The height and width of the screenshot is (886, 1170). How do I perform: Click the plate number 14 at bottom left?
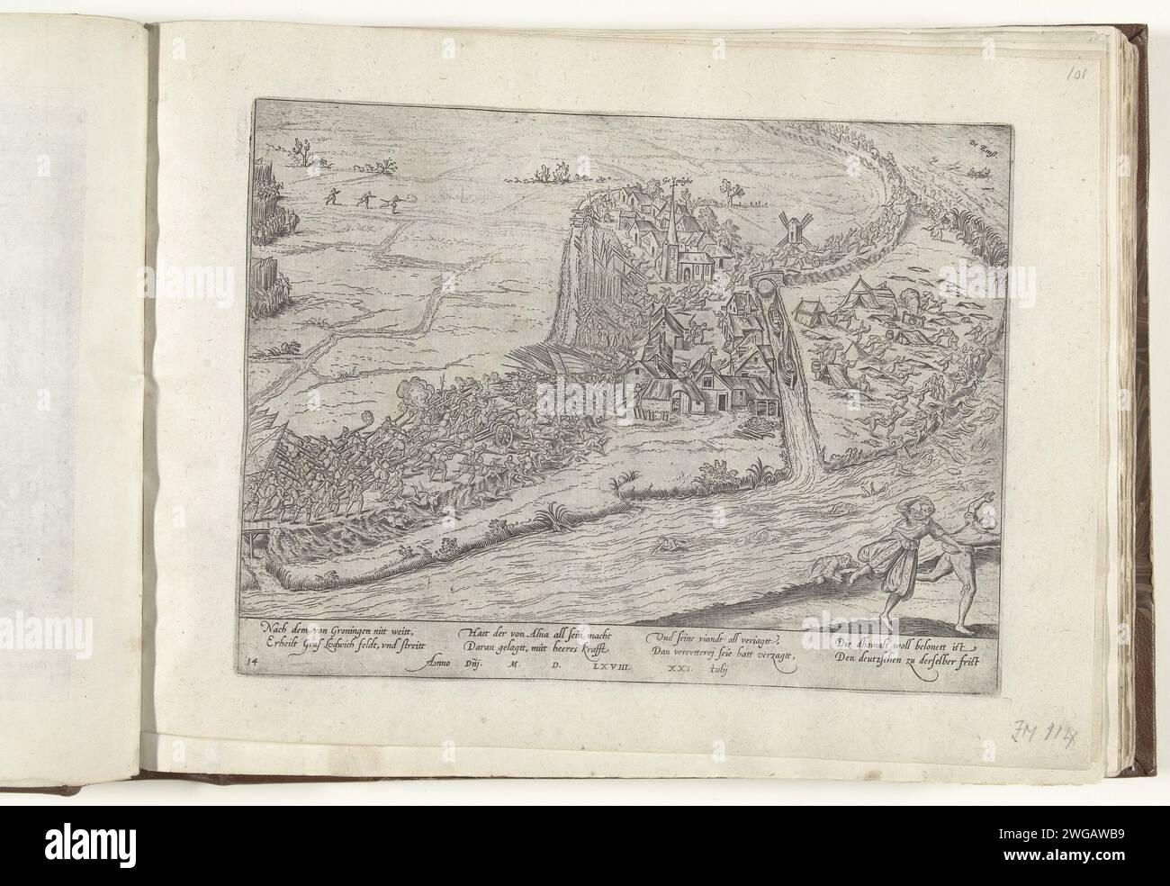[x=247, y=662]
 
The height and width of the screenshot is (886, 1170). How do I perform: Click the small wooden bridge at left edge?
[x=248, y=540]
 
